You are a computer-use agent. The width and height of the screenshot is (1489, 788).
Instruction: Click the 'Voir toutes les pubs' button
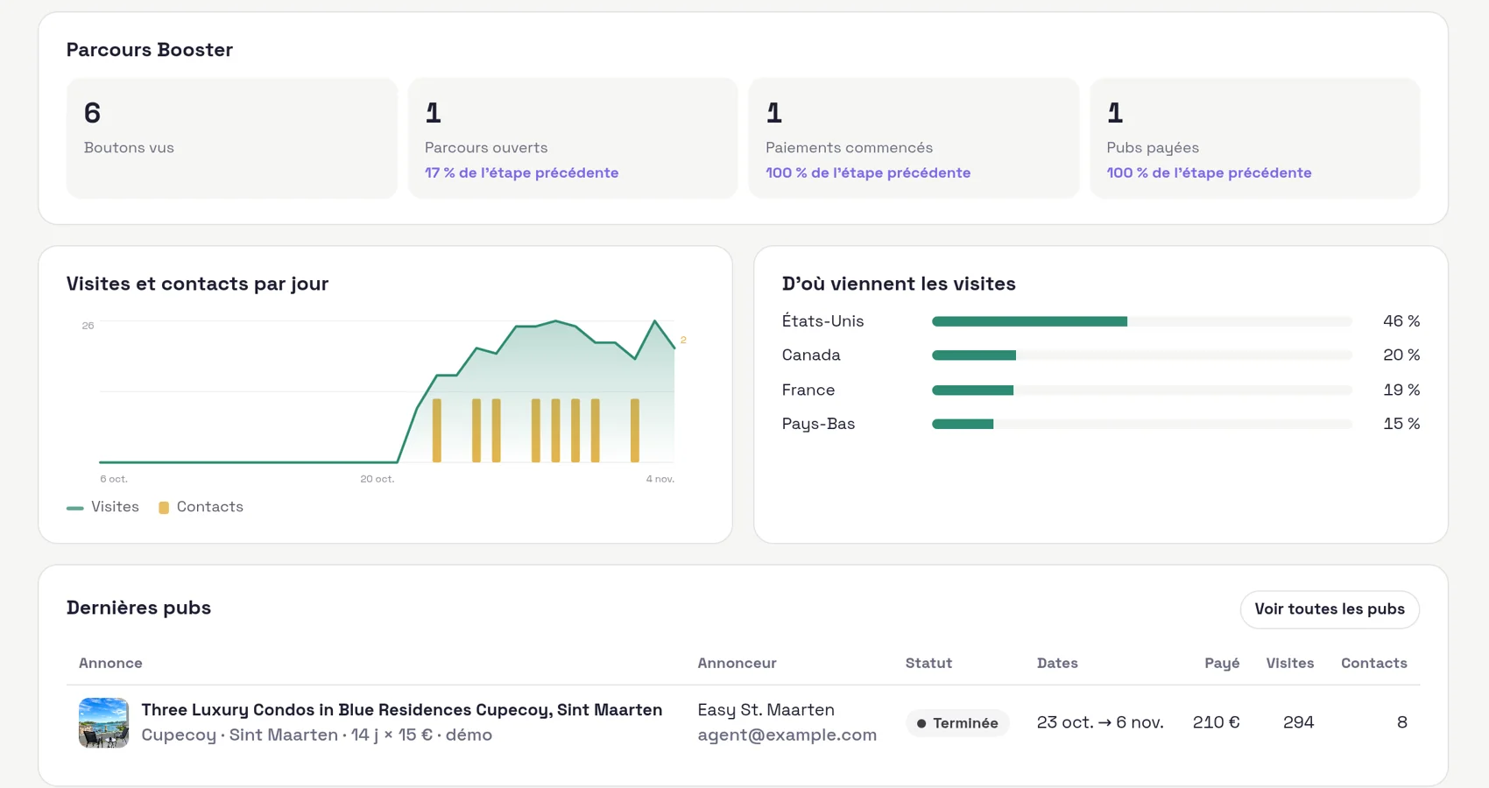1330,609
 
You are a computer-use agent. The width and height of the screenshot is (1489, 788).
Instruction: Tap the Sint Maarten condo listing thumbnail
103,722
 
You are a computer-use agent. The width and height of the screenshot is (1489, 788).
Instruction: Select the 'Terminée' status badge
957,723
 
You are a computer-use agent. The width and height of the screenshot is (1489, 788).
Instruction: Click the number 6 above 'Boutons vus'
92,113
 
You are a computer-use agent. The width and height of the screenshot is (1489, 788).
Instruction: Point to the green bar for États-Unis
1030,321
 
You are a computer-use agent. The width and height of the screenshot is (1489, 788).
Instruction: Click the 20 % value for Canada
1401,355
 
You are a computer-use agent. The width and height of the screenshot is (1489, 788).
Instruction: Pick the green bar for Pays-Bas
963,424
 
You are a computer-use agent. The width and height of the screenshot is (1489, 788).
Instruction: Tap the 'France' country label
808,390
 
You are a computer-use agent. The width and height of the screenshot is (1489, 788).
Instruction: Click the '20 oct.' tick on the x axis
377,479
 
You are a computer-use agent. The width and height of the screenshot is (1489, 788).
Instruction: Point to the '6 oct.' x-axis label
114,479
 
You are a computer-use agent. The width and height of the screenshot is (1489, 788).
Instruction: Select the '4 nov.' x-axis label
660,479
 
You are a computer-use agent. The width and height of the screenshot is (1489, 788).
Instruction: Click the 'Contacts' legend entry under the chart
201,507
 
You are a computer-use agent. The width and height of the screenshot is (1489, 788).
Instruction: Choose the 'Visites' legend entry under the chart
103,507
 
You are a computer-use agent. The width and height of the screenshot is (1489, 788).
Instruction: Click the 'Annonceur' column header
737,663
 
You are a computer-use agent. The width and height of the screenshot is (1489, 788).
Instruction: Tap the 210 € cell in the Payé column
1216,722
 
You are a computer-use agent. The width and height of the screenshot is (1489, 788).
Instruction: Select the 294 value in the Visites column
1298,722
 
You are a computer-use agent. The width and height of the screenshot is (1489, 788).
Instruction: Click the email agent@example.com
787,735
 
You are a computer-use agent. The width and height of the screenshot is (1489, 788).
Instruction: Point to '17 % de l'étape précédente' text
521,172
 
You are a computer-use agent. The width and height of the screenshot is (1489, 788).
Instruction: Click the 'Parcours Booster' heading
150,50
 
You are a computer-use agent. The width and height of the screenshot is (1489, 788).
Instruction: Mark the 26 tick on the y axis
88,326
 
